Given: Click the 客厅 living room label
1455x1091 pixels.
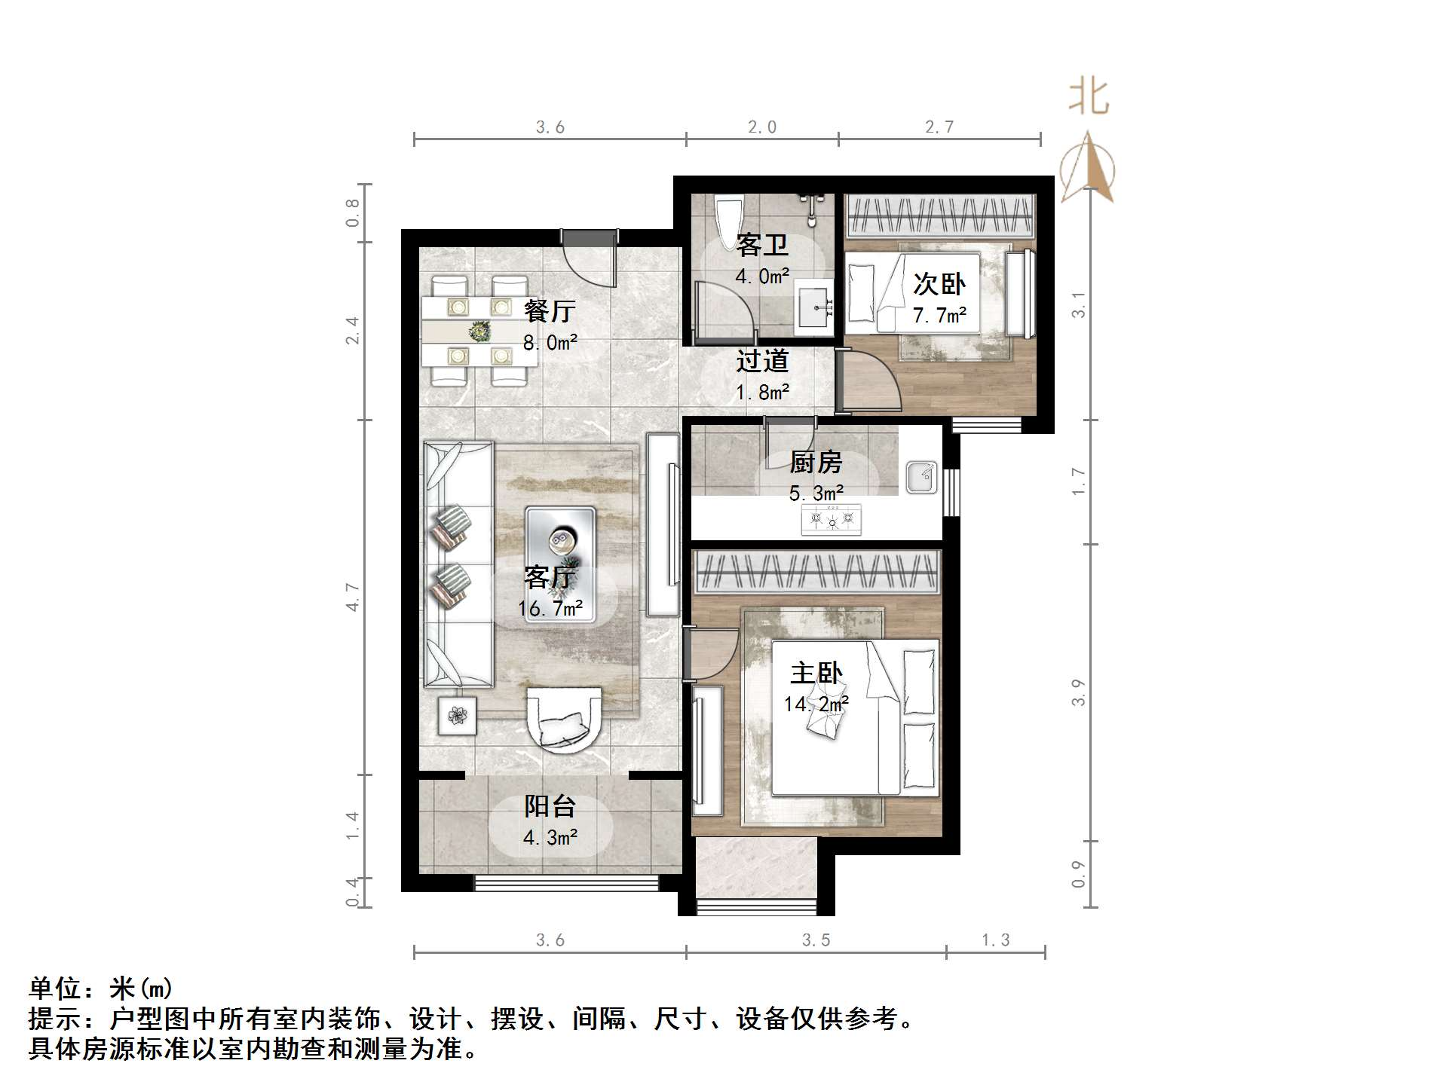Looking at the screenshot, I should [x=550, y=578].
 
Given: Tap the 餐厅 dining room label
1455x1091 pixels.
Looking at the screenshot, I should [x=550, y=310].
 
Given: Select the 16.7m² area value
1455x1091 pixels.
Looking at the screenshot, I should [x=550, y=609].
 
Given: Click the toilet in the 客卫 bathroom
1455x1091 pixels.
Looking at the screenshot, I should [x=728, y=215].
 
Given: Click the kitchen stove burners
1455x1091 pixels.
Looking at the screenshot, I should [x=832, y=520].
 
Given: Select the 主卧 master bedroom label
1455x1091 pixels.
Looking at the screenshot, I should [x=816, y=673].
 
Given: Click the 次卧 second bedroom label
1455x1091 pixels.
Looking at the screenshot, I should [x=939, y=284].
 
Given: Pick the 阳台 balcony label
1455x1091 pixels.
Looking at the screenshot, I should [x=550, y=807].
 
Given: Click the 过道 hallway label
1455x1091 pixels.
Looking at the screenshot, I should [x=762, y=361].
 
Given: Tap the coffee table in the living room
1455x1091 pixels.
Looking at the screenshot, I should [x=560, y=564].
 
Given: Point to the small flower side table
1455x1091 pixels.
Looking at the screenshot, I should [x=458, y=715].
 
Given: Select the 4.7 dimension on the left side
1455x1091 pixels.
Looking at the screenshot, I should [x=352, y=597].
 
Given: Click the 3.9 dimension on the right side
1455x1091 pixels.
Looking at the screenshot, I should [x=1078, y=692].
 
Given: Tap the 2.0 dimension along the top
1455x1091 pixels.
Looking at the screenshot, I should [x=761, y=127].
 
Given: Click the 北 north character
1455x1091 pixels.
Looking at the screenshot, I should [x=1089, y=97].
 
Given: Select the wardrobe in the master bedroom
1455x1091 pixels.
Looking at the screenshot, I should [x=816, y=572].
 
